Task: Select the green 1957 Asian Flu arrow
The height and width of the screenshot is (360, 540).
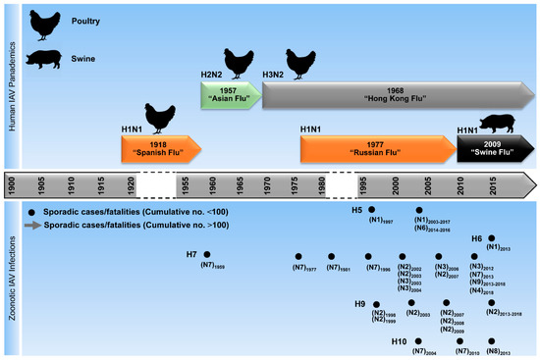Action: click(232, 96)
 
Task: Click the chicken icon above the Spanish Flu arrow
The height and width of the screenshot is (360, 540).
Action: click(160, 117)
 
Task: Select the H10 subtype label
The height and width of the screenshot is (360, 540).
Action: click(399, 341)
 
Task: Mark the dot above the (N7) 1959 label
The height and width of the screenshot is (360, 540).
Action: click(207, 255)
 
